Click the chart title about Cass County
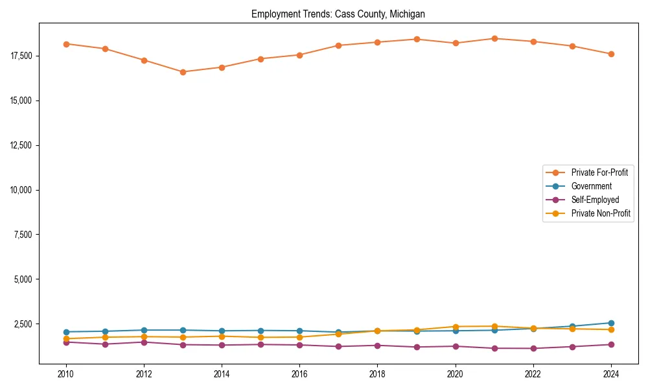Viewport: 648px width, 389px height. [x=338, y=14]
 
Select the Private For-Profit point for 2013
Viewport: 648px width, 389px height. [x=183, y=72]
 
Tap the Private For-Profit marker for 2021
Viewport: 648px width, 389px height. [x=494, y=38]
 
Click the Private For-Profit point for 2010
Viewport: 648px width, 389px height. [x=66, y=44]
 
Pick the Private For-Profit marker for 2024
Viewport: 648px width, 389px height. [x=611, y=54]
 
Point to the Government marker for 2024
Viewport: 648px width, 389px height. [x=611, y=323]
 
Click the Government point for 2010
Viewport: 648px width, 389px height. [x=66, y=332]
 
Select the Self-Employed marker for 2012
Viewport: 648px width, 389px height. [x=144, y=342]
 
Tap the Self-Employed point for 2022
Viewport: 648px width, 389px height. [x=533, y=348]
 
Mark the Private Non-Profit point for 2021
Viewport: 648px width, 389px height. [x=494, y=326]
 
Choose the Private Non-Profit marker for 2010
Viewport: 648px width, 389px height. [x=66, y=338]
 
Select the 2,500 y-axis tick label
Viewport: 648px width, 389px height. [x=23, y=324]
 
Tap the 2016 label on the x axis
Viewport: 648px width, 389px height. [x=299, y=374]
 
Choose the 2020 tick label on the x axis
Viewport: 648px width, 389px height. [x=456, y=374]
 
